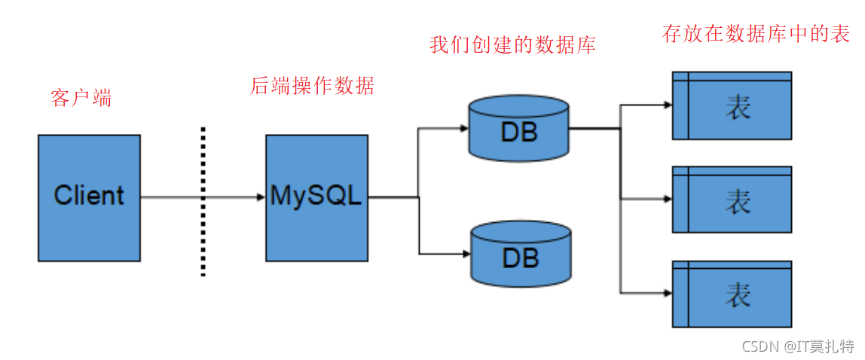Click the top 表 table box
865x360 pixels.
coord(732,105)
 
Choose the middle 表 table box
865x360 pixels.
coord(732,200)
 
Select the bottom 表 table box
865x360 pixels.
coord(732,294)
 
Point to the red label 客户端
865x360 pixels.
coord(81,98)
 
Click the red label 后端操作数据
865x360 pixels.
coord(312,86)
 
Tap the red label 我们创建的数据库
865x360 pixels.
coord(512,45)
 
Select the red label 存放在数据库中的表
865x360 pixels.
coord(756,34)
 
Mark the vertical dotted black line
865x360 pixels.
coord(203,202)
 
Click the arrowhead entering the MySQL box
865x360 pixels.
coord(260,197)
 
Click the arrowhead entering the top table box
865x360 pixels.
coord(667,105)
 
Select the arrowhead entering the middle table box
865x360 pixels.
coord(667,199)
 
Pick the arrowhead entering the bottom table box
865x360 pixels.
coord(667,292)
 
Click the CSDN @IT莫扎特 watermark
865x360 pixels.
coord(798,346)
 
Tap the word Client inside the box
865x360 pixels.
coord(89,196)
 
